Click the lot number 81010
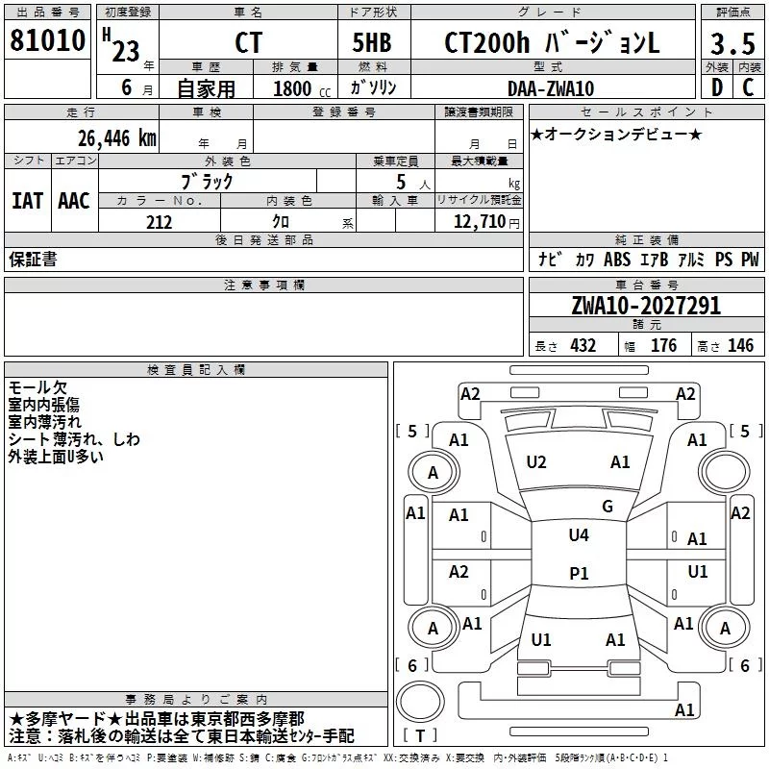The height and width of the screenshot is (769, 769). [47, 40]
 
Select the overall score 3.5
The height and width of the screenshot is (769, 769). [732, 43]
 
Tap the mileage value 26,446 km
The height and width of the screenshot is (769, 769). [116, 138]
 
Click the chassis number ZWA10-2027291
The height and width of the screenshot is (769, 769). [646, 306]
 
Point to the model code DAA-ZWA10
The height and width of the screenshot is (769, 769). [551, 88]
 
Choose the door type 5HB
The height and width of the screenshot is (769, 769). [372, 42]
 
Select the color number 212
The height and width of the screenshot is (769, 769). [159, 222]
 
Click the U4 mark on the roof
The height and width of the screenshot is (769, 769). [579, 534]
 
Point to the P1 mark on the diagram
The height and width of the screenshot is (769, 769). [579, 573]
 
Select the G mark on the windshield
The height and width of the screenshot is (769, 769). [608, 507]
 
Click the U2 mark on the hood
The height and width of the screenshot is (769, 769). [536, 462]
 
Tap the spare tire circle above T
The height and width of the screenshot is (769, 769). [420, 702]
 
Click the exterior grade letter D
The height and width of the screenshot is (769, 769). [717, 87]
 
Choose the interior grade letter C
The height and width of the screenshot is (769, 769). [748, 87]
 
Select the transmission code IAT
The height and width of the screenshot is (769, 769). [27, 201]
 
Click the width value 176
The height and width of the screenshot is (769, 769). [663, 345]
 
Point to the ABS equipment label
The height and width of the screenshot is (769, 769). [617, 259]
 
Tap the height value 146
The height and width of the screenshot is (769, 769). [740, 345]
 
